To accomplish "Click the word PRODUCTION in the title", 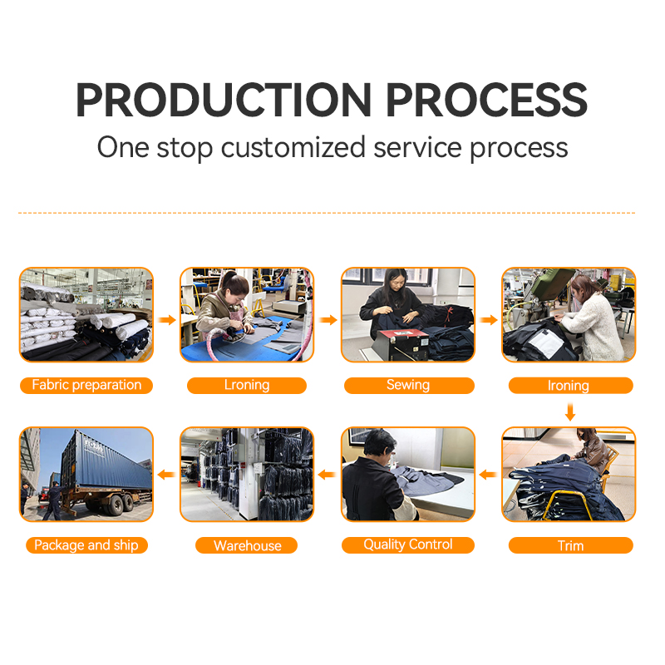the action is coord(224,100).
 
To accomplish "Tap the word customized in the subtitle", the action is coord(293,148).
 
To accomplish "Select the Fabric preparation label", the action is coord(86,385).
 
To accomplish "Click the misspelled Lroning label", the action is coord(247,385).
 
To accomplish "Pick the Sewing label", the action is coord(408,385).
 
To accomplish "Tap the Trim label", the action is coord(570,545).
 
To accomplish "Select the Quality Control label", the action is coord(408,545).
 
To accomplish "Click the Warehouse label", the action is coord(247,545).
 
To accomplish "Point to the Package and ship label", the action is coord(86,545).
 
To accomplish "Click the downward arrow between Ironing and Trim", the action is coord(570,411).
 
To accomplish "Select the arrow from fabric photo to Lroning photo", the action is coord(167,320).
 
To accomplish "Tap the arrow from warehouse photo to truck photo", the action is coord(166,475).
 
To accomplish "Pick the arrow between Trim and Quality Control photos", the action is coord(488,475).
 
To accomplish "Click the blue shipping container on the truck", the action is coord(106,461).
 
